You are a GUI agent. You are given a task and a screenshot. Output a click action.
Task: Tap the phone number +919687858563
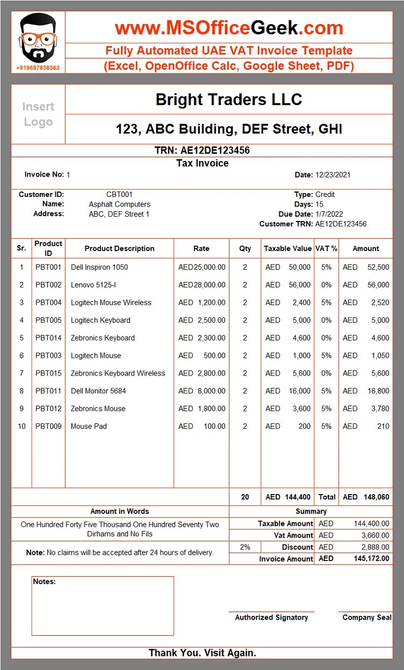[x=38, y=68]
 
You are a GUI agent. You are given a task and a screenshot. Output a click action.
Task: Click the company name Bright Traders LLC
[x=228, y=99]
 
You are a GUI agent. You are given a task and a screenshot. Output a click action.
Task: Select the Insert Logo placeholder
[x=38, y=114]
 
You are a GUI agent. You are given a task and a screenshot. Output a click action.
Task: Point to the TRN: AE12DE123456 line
[x=202, y=150]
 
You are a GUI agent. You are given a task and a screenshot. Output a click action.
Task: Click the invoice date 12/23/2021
[x=333, y=175]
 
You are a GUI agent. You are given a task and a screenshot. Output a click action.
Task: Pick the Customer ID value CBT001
[x=119, y=194]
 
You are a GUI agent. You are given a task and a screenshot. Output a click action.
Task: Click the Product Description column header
[x=119, y=248]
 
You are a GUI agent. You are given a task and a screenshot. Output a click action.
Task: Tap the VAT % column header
[x=326, y=248]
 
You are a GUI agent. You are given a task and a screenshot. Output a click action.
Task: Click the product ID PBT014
[x=48, y=338]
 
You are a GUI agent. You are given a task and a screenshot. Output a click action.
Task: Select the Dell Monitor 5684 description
[x=98, y=391]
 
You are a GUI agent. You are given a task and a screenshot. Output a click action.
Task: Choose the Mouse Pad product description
[x=89, y=426]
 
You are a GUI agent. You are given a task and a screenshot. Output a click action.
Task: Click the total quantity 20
[x=245, y=497]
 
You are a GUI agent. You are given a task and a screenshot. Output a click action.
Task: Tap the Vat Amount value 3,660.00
[x=371, y=535]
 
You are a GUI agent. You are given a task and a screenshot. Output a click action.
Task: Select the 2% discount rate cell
[x=245, y=547]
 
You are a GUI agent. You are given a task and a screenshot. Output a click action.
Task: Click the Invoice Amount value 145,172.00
[x=371, y=559]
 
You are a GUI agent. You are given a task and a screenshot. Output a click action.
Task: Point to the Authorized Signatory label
[x=271, y=617]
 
